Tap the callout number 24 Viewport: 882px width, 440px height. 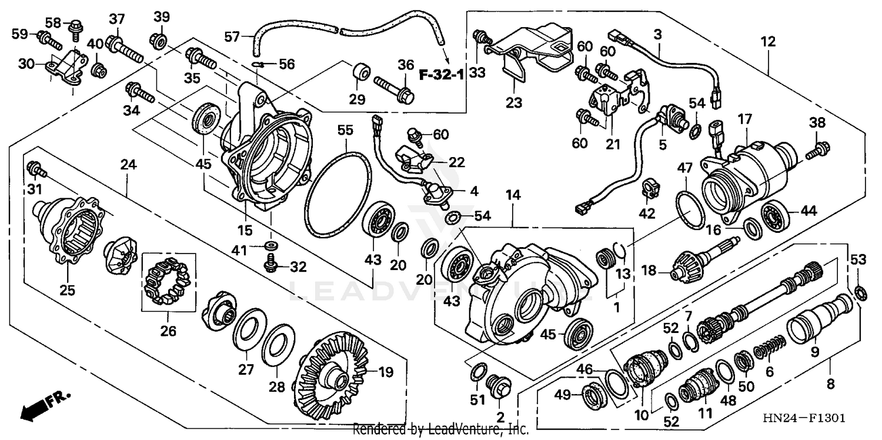(x=128, y=165)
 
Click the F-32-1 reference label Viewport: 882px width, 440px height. (x=441, y=75)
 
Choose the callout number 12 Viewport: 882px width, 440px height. (x=767, y=42)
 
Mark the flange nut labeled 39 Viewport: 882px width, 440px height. (x=158, y=40)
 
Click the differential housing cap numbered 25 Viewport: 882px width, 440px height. (x=69, y=232)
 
